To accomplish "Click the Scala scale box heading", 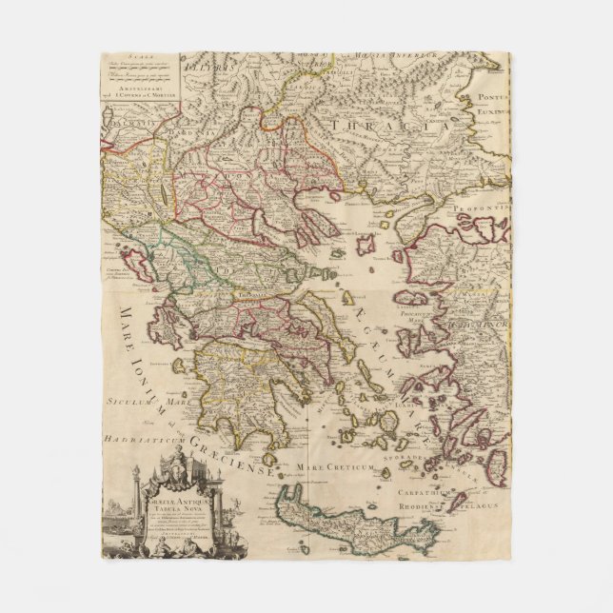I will (x=142, y=60).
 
